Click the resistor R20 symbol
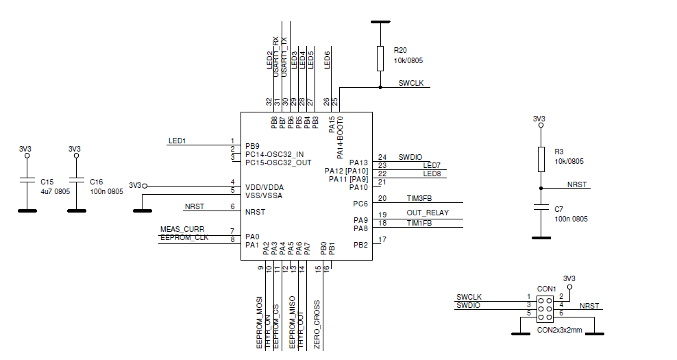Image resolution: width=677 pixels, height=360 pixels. tap(380, 58)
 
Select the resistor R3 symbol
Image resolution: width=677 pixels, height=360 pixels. tap(541, 159)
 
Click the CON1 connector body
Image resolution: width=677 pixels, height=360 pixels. tap(545, 309)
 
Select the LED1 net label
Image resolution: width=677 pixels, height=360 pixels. tap(177, 141)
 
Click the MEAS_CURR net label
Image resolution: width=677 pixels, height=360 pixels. tap(182, 229)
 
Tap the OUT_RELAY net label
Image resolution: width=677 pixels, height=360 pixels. tap(428, 213)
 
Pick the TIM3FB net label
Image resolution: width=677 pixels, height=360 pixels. tap(419, 198)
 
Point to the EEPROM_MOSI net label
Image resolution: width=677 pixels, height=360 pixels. tap(260, 323)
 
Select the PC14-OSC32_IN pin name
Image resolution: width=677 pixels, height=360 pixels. tap(274, 154)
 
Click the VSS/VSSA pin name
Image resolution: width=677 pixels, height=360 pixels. tap(264, 195)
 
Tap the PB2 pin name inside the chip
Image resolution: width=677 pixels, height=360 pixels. tap(360, 245)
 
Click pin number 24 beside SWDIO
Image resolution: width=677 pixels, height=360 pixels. tap(382, 157)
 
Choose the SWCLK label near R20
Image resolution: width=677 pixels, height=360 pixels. tap(411, 83)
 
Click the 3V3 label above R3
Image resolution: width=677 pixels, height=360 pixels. tap(539, 119)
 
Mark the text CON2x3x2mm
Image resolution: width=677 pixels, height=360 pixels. tap(559, 331)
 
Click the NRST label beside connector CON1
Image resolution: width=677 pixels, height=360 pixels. tap(589, 306)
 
